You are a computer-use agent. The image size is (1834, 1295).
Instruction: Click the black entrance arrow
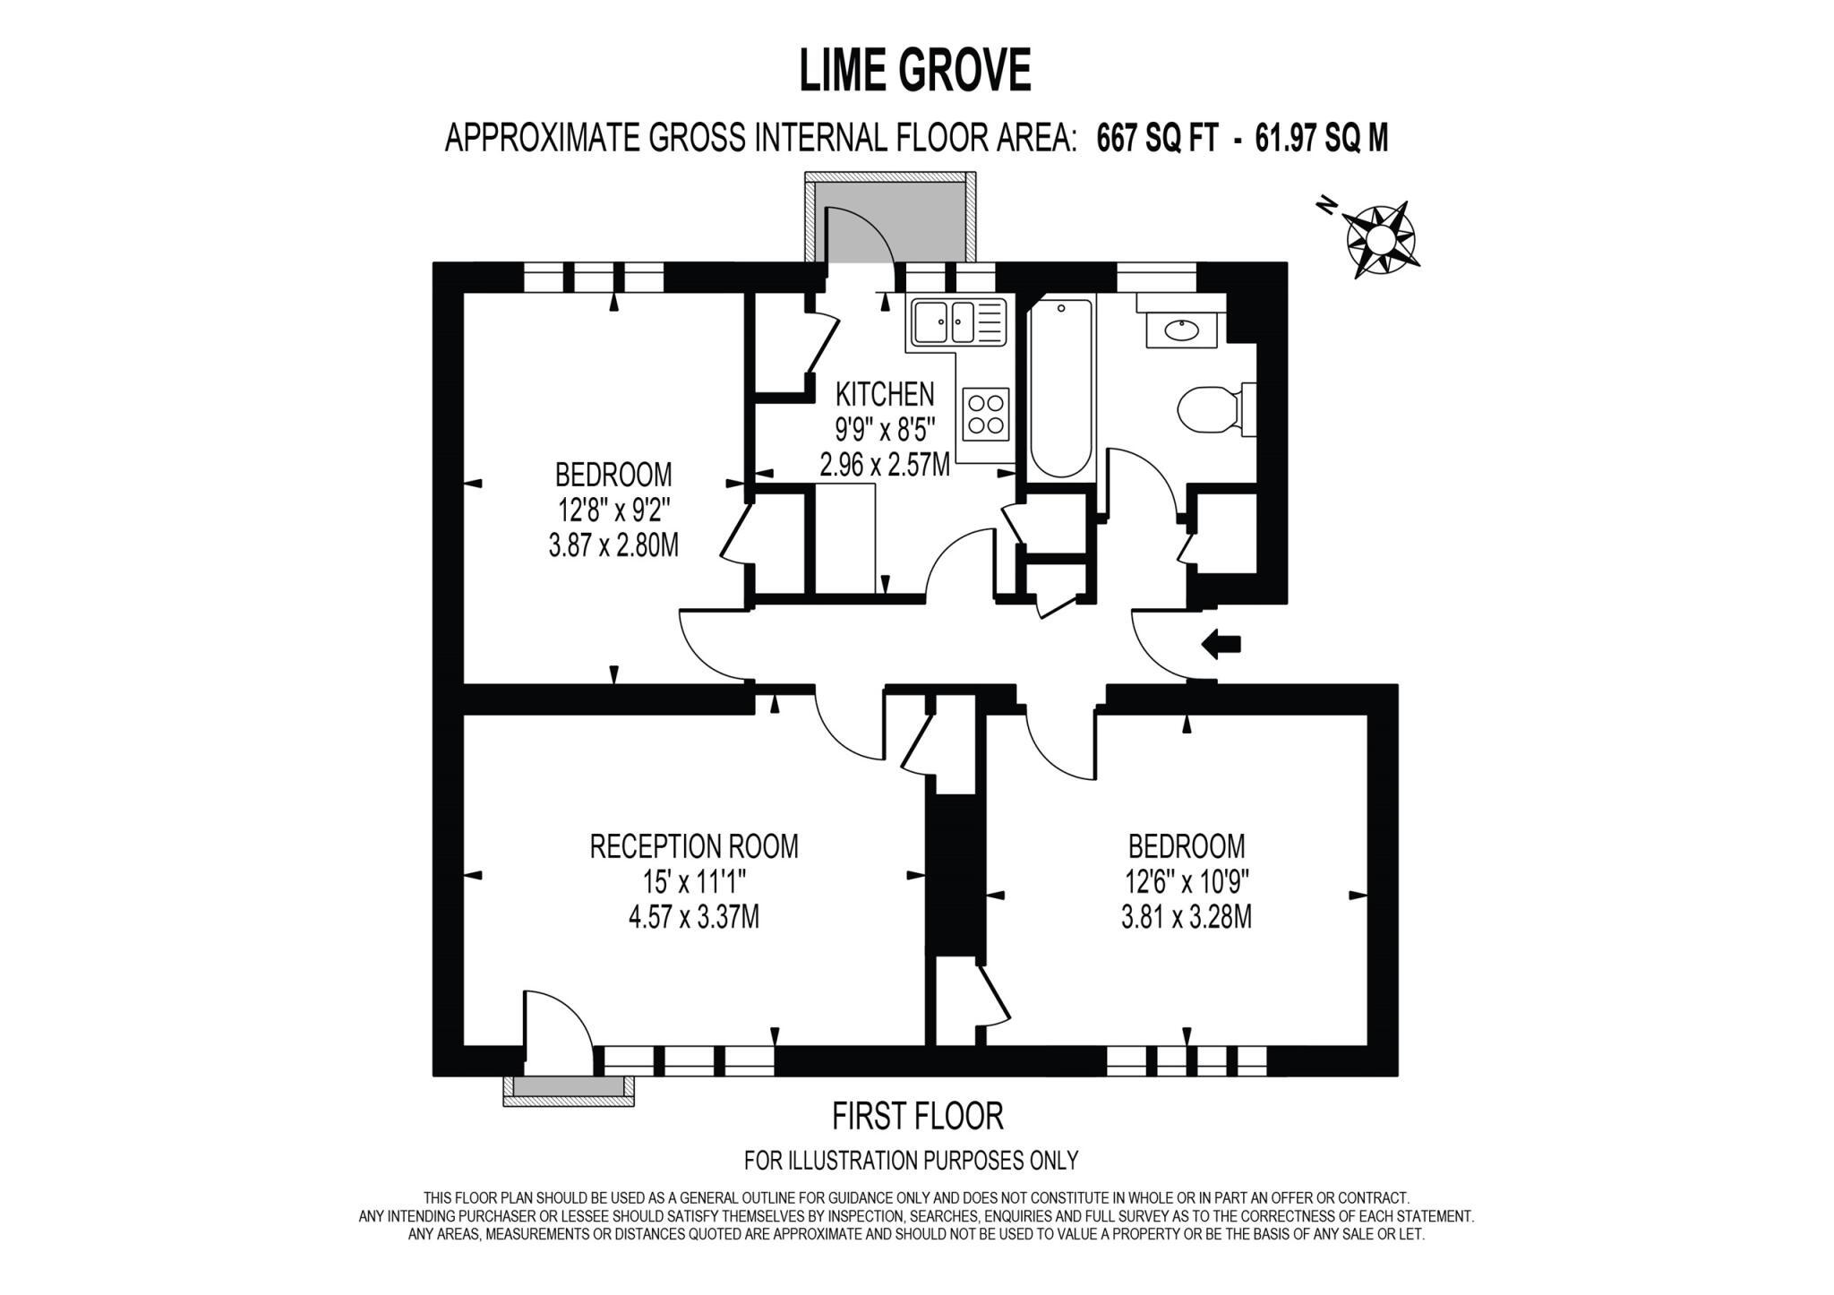(1221, 643)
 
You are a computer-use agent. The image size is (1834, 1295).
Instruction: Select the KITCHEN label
(884, 394)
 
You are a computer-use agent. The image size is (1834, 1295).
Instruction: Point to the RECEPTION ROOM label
(693, 846)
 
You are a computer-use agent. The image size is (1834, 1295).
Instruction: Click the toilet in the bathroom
(1210, 410)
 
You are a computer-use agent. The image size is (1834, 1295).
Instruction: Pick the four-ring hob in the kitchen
(985, 413)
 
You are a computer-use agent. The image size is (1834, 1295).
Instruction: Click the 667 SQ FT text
(1157, 139)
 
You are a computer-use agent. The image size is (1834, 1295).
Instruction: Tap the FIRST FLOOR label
(917, 1117)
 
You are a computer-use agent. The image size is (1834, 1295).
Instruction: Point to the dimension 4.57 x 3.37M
(693, 918)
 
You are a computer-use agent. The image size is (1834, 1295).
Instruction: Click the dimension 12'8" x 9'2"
(613, 510)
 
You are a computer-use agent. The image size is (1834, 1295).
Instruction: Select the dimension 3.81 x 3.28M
(1186, 918)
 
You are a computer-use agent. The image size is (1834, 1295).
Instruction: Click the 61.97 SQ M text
(1321, 139)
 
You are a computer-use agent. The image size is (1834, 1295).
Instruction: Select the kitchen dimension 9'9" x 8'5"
(885, 430)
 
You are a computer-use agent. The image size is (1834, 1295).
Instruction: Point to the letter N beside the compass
(1326, 207)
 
